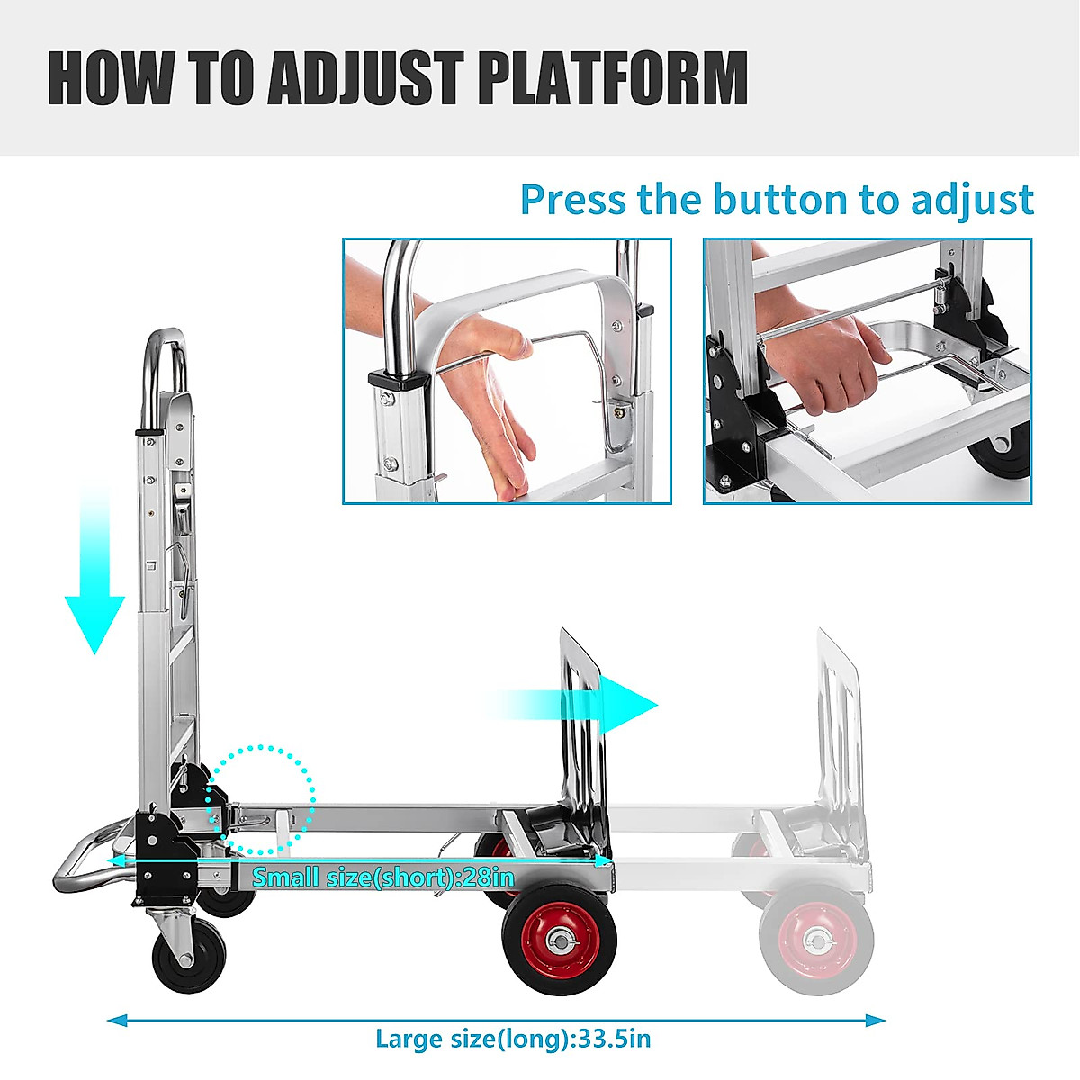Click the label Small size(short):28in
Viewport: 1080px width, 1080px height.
click(382, 877)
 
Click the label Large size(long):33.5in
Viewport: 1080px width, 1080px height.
click(512, 1039)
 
